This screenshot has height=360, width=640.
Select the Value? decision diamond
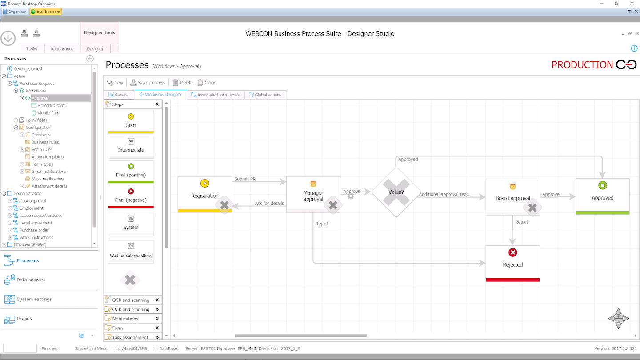pyautogui.click(x=396, y=192)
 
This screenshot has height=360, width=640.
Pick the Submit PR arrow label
pyautogui.click(x=245, y=179)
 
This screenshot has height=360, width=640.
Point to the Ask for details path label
pyautogui.click(x=269, y=204)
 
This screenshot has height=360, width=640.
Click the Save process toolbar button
pyautogui.click(x=148, y=83)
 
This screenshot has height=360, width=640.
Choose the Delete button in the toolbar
pyautogui.click(x=183, y=83)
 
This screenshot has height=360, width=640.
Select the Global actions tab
pyautogui.click(x=265, y=95)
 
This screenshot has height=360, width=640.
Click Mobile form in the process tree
pyautogui.click(x=49, y=113)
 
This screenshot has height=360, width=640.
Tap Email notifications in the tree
pyautogui.click(x=49, y=172)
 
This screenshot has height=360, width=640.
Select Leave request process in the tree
pyautogui.click(x=41, y=216)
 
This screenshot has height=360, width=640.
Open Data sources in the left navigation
pyautogui.click(x=31, y=280)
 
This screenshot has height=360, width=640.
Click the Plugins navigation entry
pyautogui.click(x=24, y=319)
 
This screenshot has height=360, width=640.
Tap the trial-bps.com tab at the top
pyautogui.click(x=46, y=12)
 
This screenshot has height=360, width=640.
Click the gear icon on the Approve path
pyautogui.click(x=351, y=196)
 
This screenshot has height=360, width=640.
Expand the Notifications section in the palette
pyautogui.click(x=132, y=319)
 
